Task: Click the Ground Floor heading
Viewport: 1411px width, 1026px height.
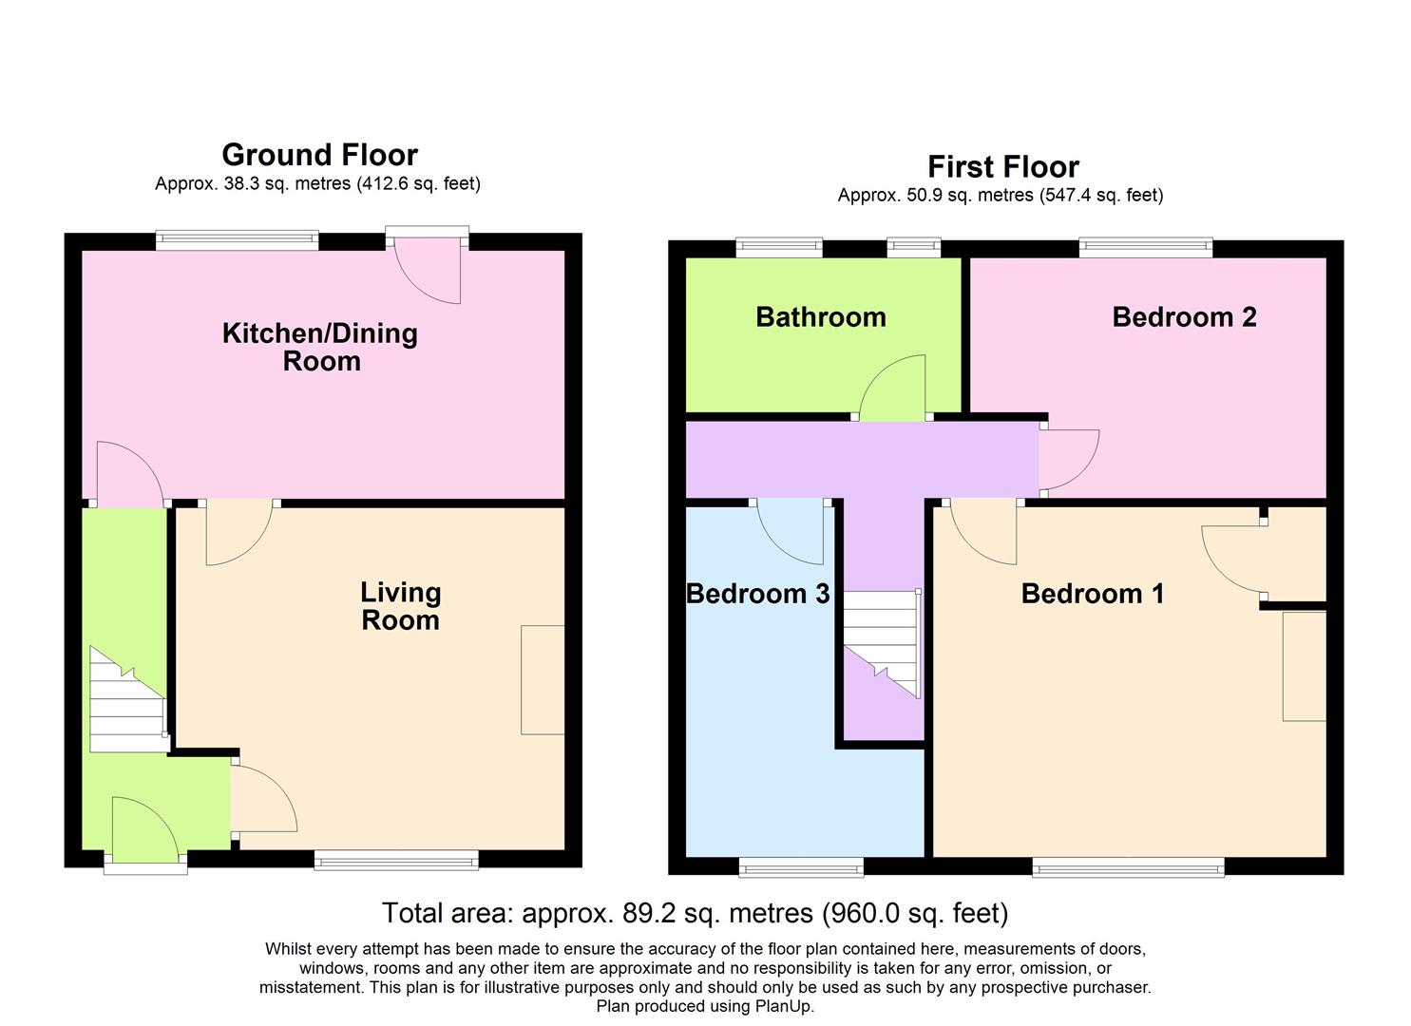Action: pyautogui.click(x=319, y=155)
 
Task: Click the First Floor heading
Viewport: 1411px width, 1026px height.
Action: pyautogui.click(x=1002, y=167)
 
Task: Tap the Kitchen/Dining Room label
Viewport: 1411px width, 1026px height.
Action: pyautogui.click(x=320, y=347)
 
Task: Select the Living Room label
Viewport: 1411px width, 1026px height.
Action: pyautogui.click(x=400, y=606)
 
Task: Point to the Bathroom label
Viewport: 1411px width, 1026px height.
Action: pyautogui.click(x=821, y=317)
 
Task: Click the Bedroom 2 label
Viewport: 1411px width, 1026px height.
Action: pyautogui.click(x=1184, y=317)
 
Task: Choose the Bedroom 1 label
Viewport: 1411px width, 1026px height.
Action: pyautogui.click(x=1092, y=594)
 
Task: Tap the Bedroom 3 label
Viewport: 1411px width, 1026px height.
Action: pyautogui.click(x=758, y=594)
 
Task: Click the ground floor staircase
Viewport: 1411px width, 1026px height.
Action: pyautogui.click(x=126, y=701)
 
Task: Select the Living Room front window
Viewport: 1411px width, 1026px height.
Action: pyautogui.click(x=396, y=862)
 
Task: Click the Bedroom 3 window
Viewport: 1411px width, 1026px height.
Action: pyautogui.click(x=801, y=866)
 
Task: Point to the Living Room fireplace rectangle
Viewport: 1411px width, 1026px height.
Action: pyautogui.click(x=543, y=679)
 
